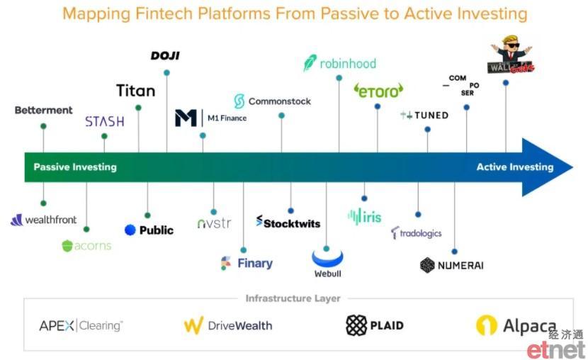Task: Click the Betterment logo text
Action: point(43,111)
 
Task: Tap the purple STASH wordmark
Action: point(105,121)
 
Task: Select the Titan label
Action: point(136,91)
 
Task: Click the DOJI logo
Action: point(165,56)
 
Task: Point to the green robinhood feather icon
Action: point(310,62)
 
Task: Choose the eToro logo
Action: point(378,91)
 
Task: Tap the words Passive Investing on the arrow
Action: point(75,167)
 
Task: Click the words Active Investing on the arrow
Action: point(515,167)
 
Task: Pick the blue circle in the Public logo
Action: point(130,230)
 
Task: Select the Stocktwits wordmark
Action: point(288,222)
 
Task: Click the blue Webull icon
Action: point(327,259)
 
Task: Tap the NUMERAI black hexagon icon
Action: point(427,265)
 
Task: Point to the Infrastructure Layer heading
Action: point(293,298)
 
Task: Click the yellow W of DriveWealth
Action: point(193,325)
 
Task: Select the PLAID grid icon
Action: point(356,325)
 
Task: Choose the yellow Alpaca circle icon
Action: point(487,325)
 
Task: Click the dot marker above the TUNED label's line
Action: point(427,130)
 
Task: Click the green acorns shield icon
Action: point(67,246)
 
